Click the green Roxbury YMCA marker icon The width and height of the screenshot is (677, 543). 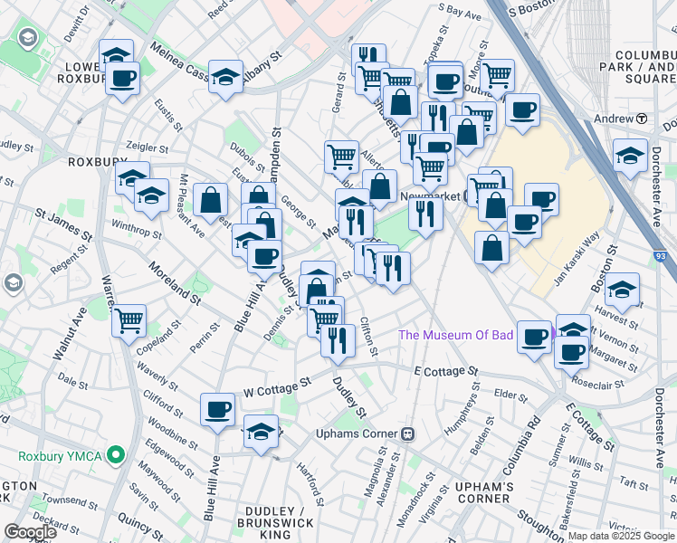coord(115,454)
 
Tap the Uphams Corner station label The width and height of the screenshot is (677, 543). coord(359,433)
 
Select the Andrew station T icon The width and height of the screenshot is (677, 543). coord(641,119)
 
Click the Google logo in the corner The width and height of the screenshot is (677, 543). coord(30,532)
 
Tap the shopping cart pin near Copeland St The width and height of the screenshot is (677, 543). coord(129,319)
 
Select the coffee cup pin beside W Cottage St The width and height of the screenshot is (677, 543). coord(217,410)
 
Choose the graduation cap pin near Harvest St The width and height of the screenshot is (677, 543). coord(622,291)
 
